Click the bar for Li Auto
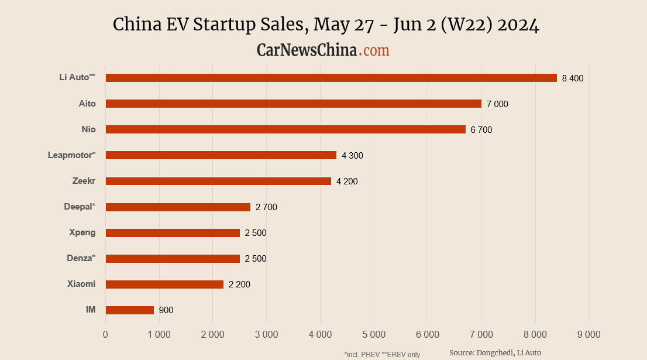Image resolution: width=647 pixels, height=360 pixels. point(331,78)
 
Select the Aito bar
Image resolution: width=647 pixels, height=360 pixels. point(294,104)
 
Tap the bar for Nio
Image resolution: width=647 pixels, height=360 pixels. point(285,129)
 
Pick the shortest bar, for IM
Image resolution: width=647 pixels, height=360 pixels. point(130,310)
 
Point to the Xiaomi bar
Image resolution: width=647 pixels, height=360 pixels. point(164,284)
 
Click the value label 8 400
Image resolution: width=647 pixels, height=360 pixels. point(573,78)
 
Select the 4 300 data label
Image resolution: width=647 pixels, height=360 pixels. point(352,156)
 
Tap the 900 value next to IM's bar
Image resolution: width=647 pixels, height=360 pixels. point(166,310)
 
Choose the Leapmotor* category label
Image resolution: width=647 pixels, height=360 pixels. point(71,155)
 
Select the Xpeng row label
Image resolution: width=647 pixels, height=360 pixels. point(82,232)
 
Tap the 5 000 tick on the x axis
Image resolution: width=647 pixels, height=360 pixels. point(374,335)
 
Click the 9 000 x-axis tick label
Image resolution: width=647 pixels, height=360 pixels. point(589,335)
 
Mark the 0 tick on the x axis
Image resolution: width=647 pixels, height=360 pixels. point(105,335)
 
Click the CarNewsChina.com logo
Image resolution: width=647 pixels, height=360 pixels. point(323,50)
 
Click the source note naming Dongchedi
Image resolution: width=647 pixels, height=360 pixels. point(495,352)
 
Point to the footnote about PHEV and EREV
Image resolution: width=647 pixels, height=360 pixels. point(382,354)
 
